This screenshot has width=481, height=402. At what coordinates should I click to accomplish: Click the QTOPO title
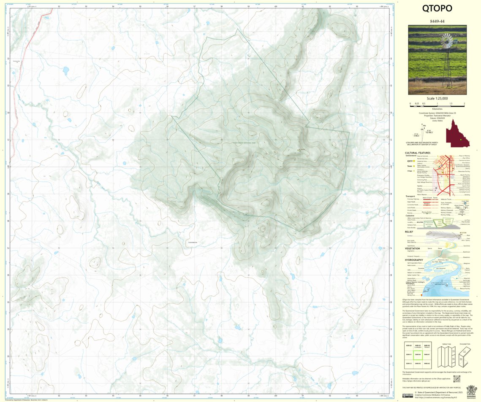[x=437, y=9]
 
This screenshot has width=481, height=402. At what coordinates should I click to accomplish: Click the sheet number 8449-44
[x=437, y=21]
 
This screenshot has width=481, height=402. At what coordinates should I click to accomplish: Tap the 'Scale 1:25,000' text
[x=437, y=98]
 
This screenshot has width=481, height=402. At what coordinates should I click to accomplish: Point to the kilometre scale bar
[x=437, y=104]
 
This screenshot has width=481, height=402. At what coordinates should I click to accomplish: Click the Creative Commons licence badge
[x=408, y=395]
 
